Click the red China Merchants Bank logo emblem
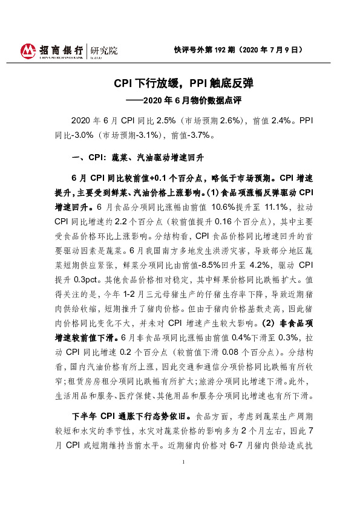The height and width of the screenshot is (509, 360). tap(28, 51)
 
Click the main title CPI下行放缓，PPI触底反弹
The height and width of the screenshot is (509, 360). tap(179, 83)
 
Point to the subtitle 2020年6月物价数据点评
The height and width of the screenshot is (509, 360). tap(191, 97)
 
